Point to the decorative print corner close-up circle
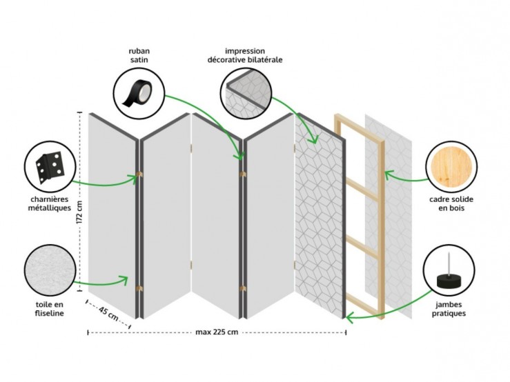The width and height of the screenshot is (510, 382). pyautogui.click(x=246, y=94)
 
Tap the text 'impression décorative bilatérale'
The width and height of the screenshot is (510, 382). pyautogui.click(x=245, y=55)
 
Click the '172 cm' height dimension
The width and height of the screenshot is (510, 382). pyautogui.click(x=80, y=212)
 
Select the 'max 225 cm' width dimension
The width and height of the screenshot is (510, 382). pyautogui.click(x=217, y=332)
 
